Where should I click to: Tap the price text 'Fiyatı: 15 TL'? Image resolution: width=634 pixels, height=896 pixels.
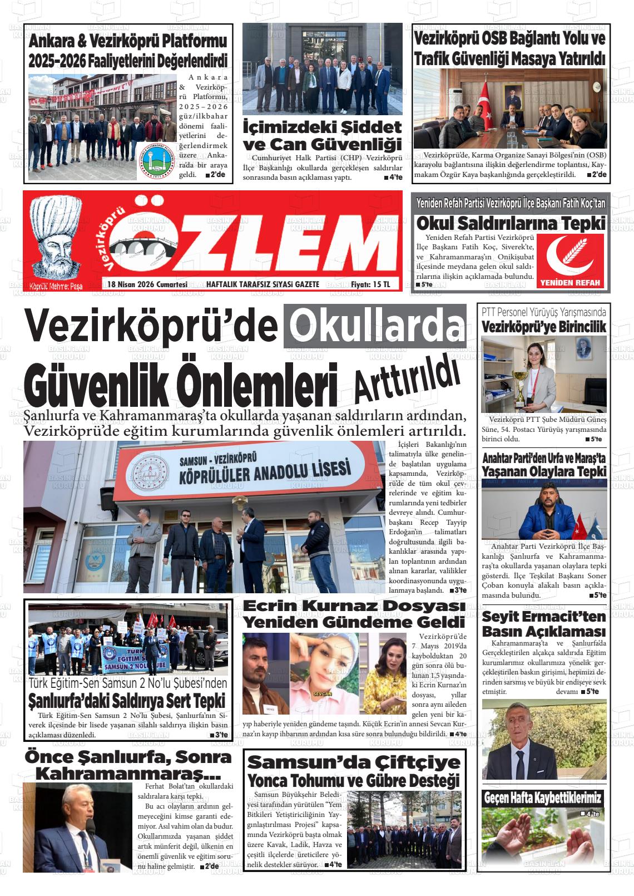pyautogui.click(x=370, y=284)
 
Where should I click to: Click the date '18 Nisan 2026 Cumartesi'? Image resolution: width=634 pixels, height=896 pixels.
pyautogui.click(x=147, y=284)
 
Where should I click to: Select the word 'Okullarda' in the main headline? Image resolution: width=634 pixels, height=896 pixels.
pyautogui.click(x=375, y=327)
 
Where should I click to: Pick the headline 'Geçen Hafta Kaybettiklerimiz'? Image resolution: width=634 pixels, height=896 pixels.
pyautogui.click(x=542, y=797)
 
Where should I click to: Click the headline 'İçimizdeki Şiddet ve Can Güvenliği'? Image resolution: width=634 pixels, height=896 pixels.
pyautogui.click(x=323, y=135)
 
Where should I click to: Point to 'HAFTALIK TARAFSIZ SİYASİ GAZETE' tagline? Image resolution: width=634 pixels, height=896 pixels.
pyautogui.click(x=262, y=284)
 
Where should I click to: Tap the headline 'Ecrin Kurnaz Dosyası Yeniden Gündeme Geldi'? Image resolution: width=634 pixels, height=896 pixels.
pyautogui.click(x=354, y=614)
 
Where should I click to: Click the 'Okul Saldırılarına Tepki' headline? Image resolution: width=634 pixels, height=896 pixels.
pyautogui.click(x=511, y=223)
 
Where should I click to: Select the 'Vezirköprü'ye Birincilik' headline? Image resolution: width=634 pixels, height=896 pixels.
pyautogui.click(x=543, y=327)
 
